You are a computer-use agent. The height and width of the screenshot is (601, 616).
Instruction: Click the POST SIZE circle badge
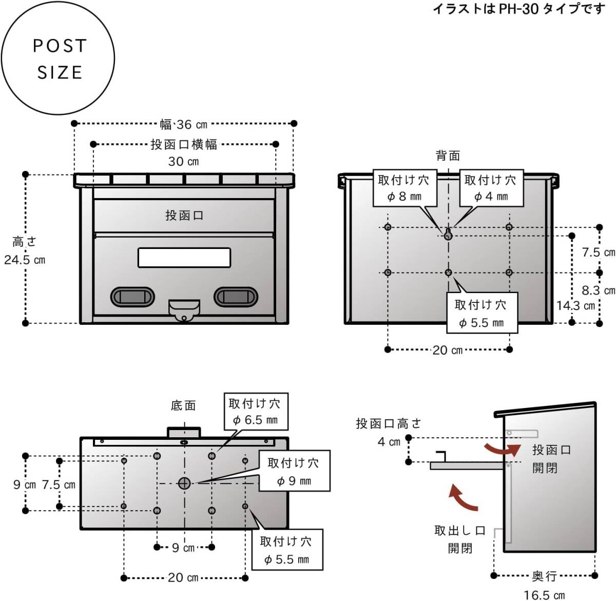[57, 58]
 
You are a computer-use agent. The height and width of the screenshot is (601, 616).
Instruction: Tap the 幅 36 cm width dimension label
[183, 124]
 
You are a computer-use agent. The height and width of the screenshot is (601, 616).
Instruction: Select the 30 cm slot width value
[183, 161]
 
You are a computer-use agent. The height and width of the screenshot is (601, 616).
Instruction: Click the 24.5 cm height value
[25, 260]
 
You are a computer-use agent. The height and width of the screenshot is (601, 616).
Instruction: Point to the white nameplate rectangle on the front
[184, 258]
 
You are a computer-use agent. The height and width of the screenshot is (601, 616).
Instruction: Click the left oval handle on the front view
[132, 297]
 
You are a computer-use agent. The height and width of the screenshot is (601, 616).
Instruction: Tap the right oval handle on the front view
[236, 297]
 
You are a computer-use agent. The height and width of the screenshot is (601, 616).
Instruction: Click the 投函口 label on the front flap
[184, 216]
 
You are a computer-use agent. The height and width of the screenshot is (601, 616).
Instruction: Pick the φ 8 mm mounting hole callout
[404, 188]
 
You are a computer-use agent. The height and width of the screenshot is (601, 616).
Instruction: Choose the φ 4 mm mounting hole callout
[491, 188]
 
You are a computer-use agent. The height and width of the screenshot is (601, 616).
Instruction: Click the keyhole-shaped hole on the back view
[448, 234]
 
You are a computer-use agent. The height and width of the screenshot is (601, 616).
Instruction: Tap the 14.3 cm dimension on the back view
[575, 306]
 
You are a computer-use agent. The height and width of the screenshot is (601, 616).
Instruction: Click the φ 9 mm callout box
[294, 471]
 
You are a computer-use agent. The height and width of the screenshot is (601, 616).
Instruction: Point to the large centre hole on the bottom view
[184, 483]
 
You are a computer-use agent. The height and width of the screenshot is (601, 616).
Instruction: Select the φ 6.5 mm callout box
[255, 412]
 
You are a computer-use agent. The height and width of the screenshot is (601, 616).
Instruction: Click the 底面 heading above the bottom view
[183, 405]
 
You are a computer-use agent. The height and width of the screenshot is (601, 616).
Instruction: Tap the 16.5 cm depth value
[544, 595]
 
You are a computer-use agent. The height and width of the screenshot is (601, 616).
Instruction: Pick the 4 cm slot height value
[389, 442]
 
